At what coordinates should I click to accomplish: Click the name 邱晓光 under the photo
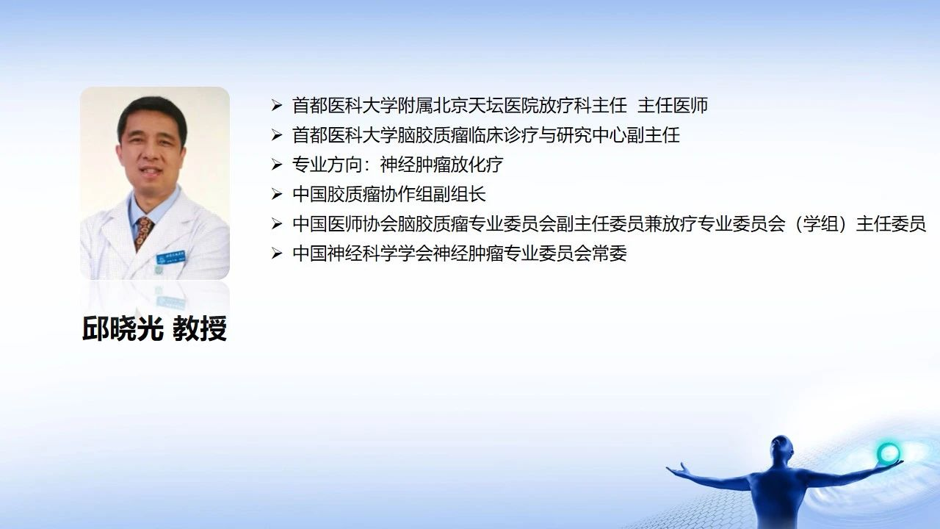tap(123, 328)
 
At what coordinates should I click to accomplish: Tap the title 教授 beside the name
tap(200, 328)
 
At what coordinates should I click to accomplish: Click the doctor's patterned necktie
tap(143, 233)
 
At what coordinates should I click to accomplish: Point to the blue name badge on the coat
tap(171, 257)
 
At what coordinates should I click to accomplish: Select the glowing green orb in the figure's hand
tap(889, 453)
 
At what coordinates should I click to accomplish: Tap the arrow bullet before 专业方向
tap(277, 165)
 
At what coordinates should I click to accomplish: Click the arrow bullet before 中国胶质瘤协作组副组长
tap(277, 195)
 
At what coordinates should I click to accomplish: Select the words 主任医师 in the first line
tap(673, 105)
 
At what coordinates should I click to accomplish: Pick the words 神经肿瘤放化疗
tap(441, 165)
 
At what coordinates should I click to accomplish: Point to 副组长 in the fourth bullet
tap(459, 195)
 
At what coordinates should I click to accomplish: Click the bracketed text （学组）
tap(820, 224)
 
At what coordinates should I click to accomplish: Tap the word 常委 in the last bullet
tap(610, 253)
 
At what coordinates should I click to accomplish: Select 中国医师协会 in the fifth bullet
tap(345, 224)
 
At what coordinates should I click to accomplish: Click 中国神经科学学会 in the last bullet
tap(363, 253)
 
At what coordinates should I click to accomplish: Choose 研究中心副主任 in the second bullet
tap(618, 135)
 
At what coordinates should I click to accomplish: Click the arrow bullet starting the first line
tap(277, 105)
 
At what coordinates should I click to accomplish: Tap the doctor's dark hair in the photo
tap(152, 113)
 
